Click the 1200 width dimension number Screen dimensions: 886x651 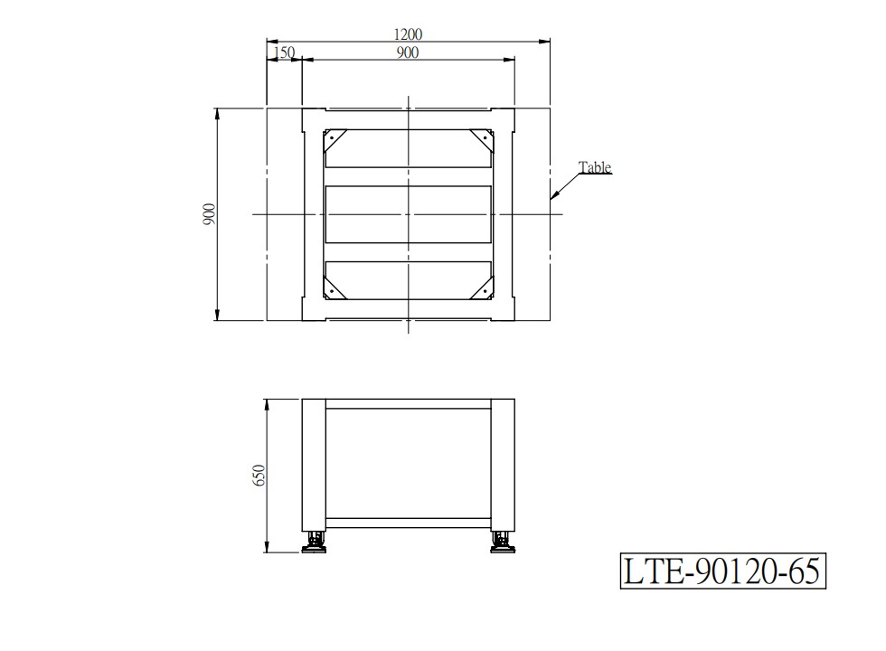(x=408, y=34)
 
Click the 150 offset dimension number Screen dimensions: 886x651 (x=284, y=52)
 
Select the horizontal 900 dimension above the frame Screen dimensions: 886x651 (x=408, y=52)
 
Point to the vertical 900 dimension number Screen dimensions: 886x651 (x=209, y=214)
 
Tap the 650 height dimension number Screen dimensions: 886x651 (x=259, y=476)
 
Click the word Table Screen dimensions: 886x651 (x=595, y=167)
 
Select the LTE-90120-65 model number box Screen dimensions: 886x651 (x=722, y=571)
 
